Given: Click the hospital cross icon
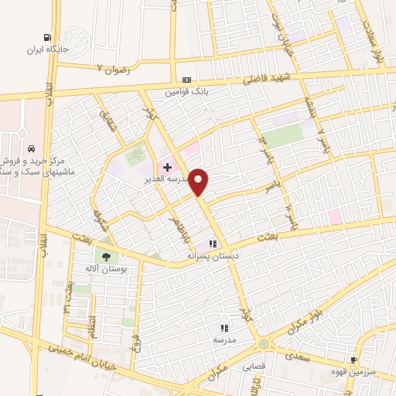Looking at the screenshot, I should pyautogui.click(x=167, y=166).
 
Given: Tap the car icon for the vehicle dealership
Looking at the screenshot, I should pyautogui.click(x=30, y=148).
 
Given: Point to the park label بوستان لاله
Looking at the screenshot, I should pyautogui.click(x=105, y=268).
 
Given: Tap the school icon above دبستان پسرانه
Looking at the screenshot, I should pyautogui.click(x=210, y=244).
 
